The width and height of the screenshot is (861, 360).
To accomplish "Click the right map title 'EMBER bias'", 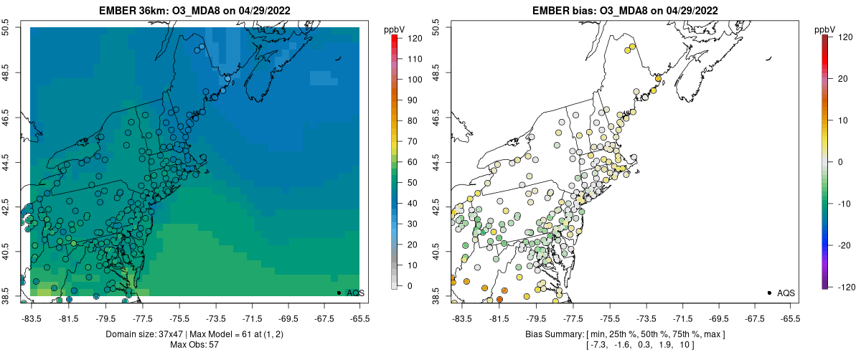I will (x=567, y=9).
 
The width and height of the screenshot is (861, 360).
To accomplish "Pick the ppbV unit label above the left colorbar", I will (x=395, y=29).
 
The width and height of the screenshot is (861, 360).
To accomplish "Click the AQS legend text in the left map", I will (x=356, y=293).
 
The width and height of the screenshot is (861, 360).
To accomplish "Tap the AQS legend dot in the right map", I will (x=769, y=293).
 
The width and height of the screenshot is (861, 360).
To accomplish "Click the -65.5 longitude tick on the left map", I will (x=359, y=318).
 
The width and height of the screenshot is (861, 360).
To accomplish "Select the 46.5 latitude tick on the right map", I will (x=436, y=117).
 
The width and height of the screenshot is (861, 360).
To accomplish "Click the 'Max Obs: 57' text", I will (x=195, y=345).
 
